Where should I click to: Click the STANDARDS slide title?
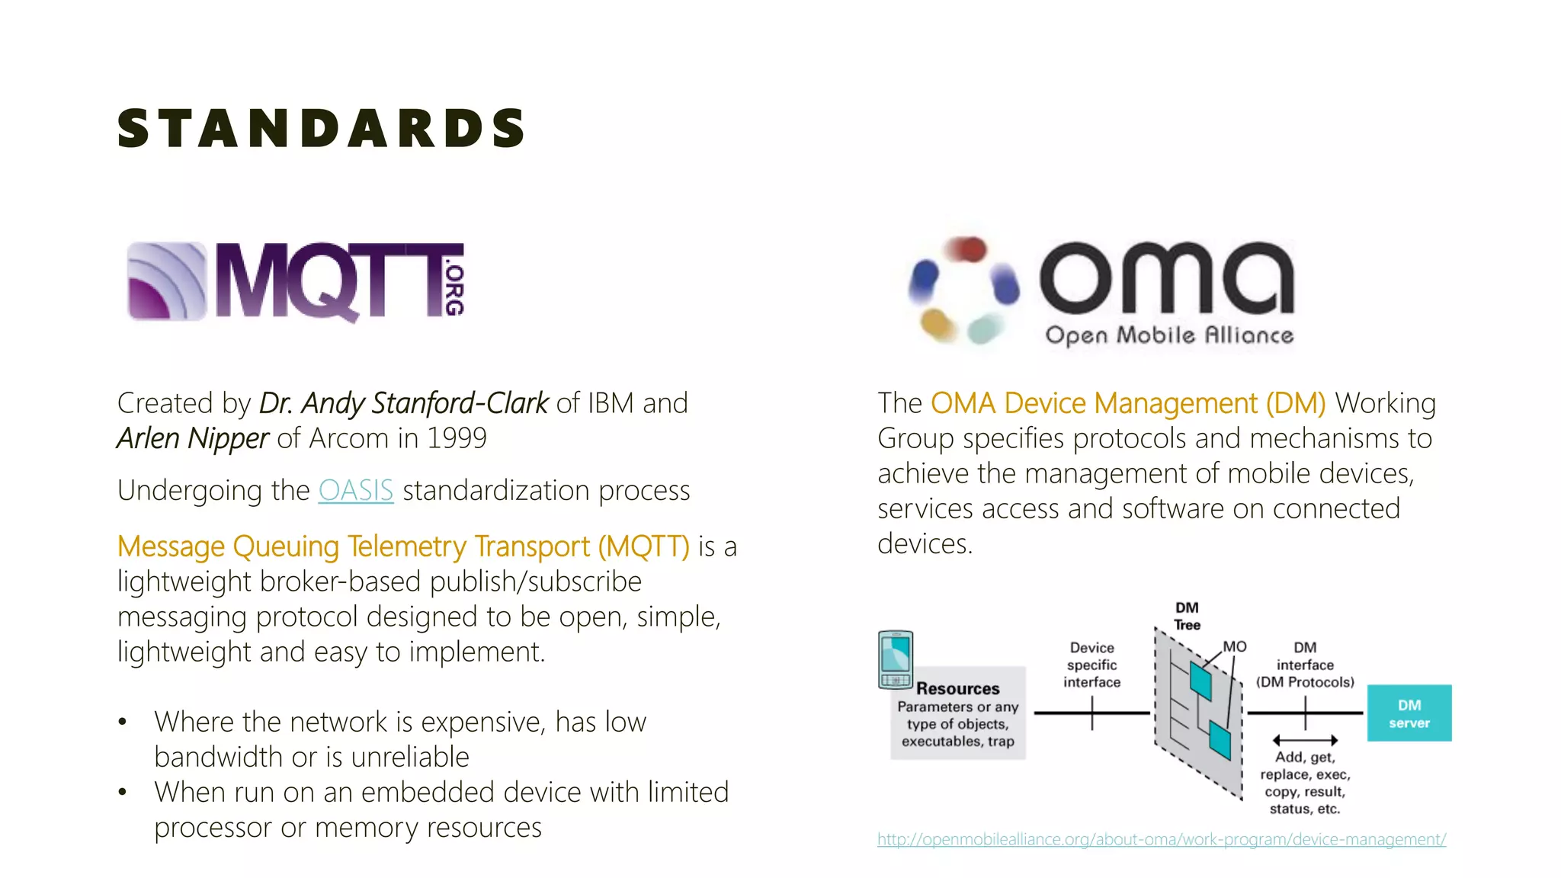[321, 128]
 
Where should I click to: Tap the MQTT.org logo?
[296, 281]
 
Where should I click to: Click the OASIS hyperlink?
[355, 490]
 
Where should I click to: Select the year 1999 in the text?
[456, 438]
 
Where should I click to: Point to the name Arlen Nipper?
[193, 438]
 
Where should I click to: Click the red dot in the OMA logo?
[966, 248]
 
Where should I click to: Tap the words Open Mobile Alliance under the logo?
[1169, 335]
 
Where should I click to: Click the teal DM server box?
[1409, 713]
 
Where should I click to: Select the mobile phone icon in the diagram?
[896, 659]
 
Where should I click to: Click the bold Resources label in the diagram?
[957, 688]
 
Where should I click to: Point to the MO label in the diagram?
[1235, 646]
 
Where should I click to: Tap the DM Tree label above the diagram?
[1187, 616]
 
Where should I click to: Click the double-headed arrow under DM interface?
[1305, 740]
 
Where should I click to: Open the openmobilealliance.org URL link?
[1161, 839]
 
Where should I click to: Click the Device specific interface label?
[1091, 665]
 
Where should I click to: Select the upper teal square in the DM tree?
[1200, 681]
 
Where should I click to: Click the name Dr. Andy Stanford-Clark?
[403, 403]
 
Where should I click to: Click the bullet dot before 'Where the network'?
[123, 722]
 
